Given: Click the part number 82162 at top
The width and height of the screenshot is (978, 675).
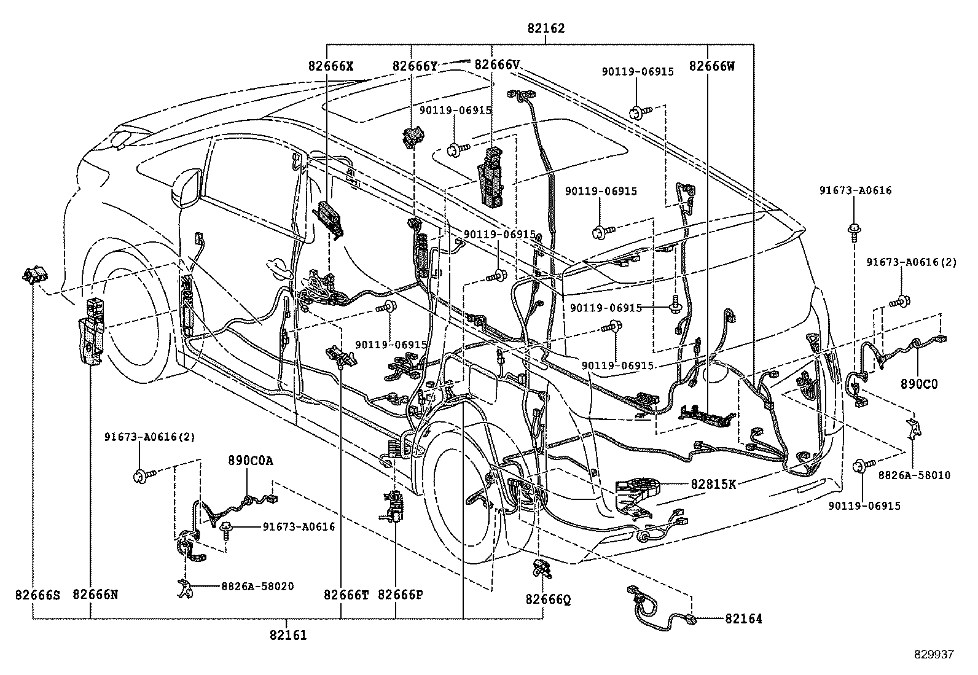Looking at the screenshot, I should tap(546, 28).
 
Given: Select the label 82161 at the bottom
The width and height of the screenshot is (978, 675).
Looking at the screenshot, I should tap(287, 636).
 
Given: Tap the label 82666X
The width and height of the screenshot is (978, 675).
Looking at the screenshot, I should tap(331, 65).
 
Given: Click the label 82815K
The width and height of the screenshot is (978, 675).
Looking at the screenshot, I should tap(713, 483).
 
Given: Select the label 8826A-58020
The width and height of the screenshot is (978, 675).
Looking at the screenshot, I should tap(257, 586).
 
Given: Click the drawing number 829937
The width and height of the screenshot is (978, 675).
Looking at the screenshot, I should tap(934, 655).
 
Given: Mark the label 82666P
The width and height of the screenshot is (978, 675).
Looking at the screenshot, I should tap(400, 595).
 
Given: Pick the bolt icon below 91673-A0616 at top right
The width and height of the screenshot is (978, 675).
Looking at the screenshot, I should tap(854, 230).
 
